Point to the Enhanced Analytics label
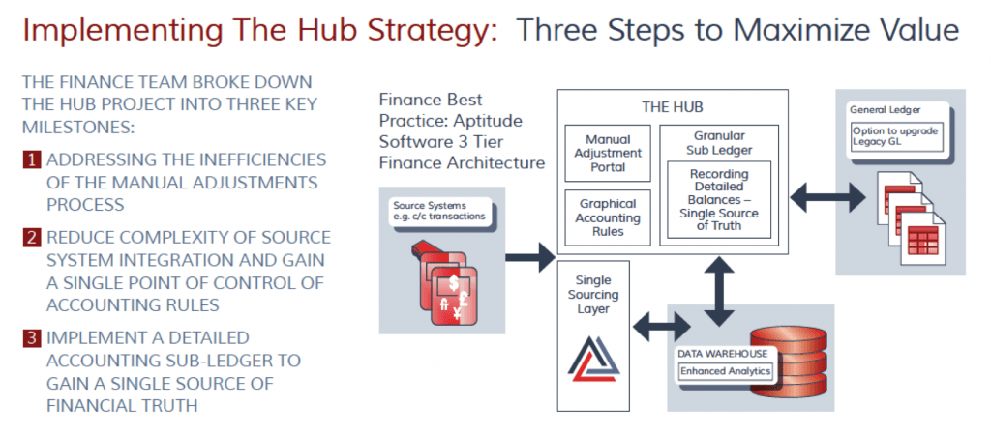(x=723, y=370)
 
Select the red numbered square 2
(x=32, y=238)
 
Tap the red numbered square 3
(x=32, y=337)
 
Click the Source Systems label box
(x=442, y=211)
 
